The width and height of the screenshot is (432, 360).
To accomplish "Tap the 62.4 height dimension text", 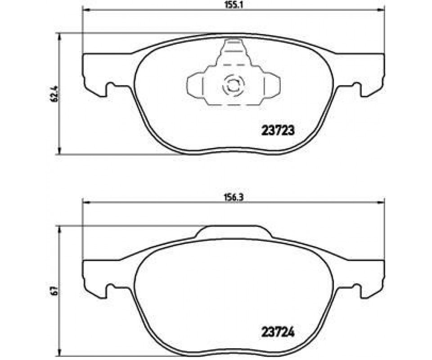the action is point(54,94).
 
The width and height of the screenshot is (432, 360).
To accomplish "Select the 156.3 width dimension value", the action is point(234,197).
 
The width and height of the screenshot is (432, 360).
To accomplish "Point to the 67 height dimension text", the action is point(54,291).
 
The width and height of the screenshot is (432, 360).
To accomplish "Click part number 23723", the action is point(278,130).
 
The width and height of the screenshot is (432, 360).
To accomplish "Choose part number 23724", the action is point(278,333).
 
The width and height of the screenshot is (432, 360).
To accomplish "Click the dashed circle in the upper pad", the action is point(234,85).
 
